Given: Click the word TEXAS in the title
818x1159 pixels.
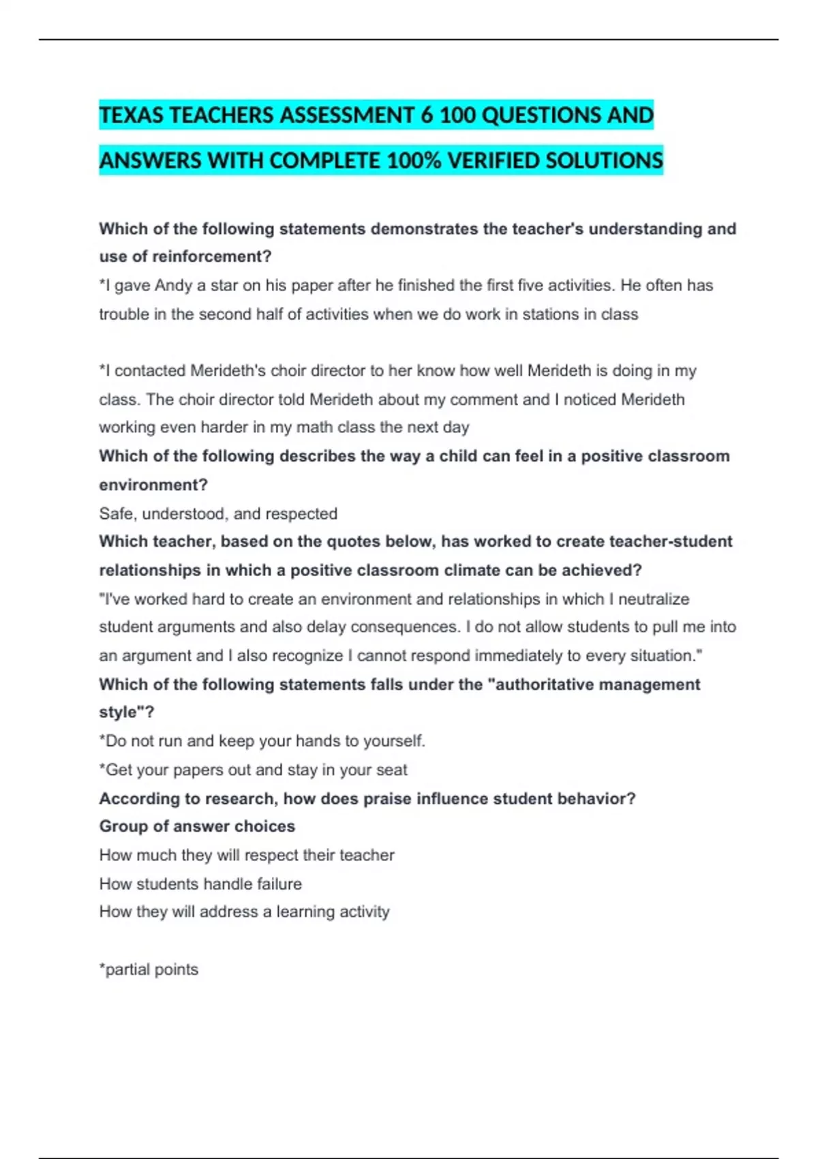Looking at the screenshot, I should coord(132,115).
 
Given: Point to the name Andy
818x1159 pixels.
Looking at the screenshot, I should coord(173,286).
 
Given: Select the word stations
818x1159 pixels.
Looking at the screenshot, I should coord(549,314).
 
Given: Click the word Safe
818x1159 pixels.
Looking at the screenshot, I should coord(117,513).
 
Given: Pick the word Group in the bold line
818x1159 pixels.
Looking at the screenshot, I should coord(123,826).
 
